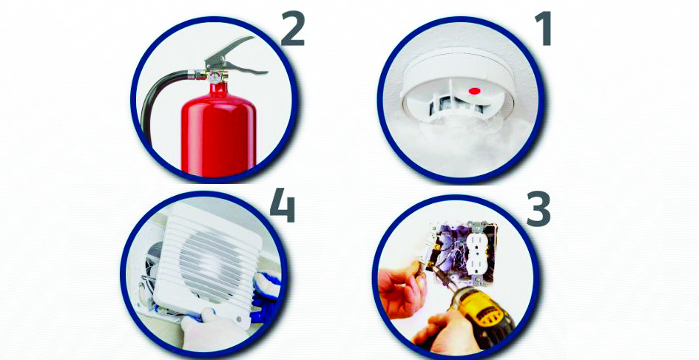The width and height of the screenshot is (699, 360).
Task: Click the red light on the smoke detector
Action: pyautogui.click(x=474, y=92)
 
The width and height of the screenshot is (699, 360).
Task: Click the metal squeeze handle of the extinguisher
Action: pyautogui.click(x=235, y=57)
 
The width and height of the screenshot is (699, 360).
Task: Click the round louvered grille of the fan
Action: pyautogui.click(x=210, y=262)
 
